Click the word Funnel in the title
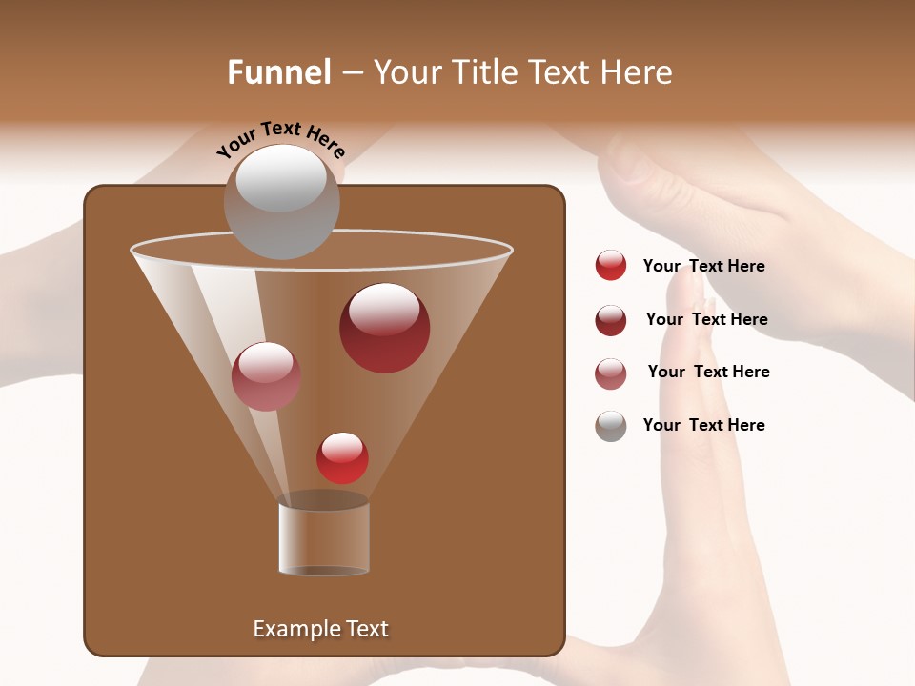tap(279, 72)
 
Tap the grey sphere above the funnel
tap(281, 202)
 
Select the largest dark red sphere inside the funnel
tap(384, 328)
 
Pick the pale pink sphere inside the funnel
tap(266, 376)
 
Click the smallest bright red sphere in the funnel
tap(342, 458)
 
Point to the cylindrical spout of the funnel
tap(324, 537)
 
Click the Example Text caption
tap(320, 629)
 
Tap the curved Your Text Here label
tap(280, 138)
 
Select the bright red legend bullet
tap(611, 266)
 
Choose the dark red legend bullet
tap(611, 320)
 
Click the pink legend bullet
tap(611, 373)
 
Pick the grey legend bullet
tap(611, 426)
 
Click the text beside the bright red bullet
tap(703, 267)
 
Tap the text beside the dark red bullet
tap(706, 320)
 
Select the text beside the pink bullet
tap(708, 373)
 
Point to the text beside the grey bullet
tap(703, 426)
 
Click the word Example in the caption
tap(296, 629)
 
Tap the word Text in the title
tap(558, 72)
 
